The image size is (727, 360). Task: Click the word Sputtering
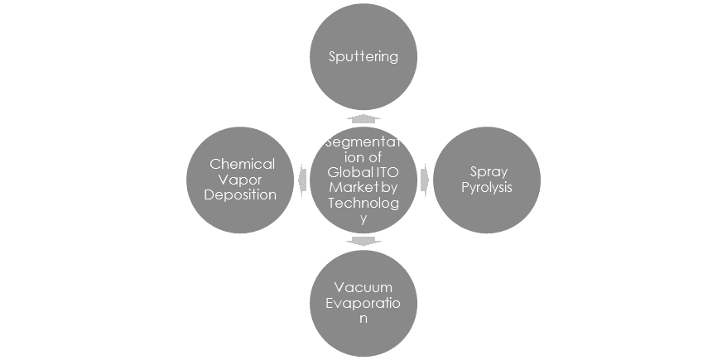coord(364,57)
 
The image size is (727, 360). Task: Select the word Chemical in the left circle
coord(242,164)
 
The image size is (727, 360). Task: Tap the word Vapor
coord(242,180)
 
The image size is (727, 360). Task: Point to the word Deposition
coord(243,194)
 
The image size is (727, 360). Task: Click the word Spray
coord(487,171)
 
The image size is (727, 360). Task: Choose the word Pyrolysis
coord(487,187)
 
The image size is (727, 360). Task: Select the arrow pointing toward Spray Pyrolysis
coord(424,180)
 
